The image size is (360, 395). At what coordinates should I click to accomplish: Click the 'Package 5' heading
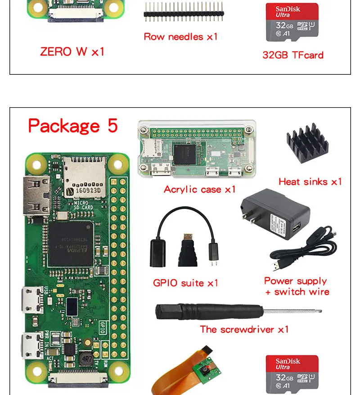[73, 126]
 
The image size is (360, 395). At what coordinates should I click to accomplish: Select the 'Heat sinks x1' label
[310, 182]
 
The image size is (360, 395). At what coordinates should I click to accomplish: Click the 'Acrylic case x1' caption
[200, 189]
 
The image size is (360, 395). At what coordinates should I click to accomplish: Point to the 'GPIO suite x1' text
[185, 283]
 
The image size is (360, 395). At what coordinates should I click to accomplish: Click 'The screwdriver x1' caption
[244, 329]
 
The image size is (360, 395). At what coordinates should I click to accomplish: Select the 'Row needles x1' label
[180, 36]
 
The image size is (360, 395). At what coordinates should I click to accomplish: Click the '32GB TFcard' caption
[293, 55]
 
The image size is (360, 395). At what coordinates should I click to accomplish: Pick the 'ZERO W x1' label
[72, 51]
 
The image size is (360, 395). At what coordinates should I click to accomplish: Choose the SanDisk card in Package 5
[292, 372]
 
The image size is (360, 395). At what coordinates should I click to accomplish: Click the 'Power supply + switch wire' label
[297, 286]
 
